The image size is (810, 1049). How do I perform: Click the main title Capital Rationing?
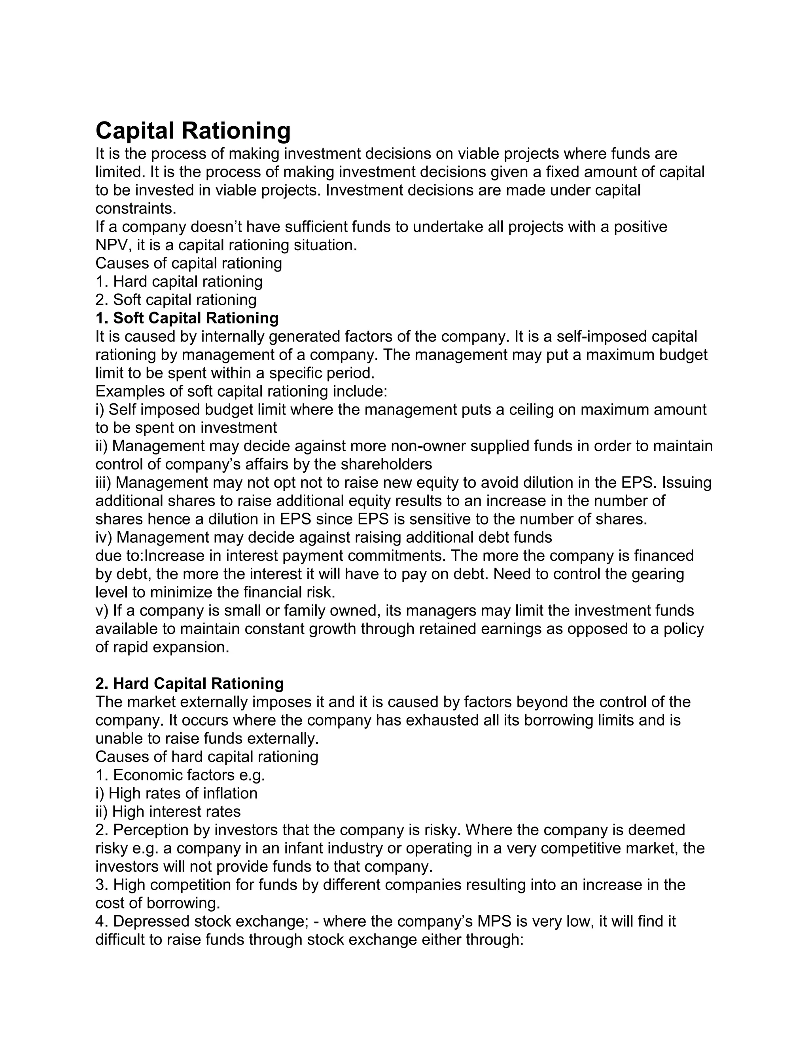click(x=193, y=131)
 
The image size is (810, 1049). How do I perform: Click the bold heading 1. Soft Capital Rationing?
click(x=187, y=318)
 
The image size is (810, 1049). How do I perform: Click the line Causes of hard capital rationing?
click(x=207, y=756)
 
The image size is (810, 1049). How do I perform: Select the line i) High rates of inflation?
click(x=176, y=793)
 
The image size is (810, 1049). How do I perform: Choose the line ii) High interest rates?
click(x=168, y=812)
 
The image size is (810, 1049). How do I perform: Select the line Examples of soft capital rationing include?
click(x=241, y=391)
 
